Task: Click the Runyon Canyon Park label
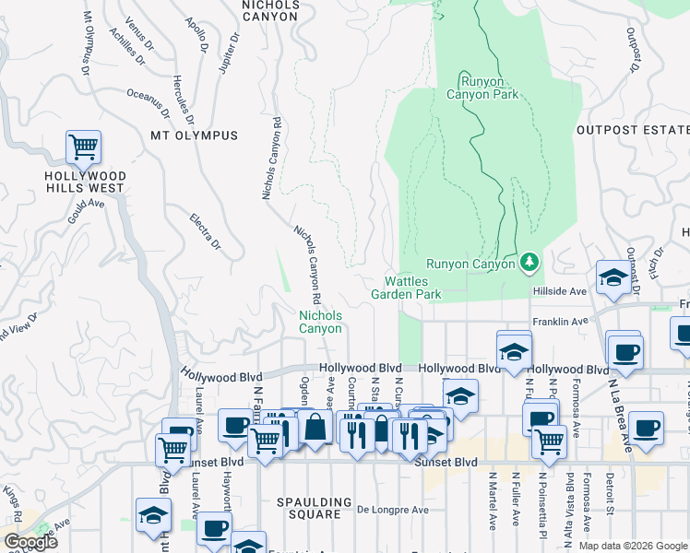[x=482, y=87]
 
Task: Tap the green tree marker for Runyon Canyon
[x=529, y=264]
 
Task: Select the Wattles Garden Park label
[x=407, y=288]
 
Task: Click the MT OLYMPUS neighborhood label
[x=194, y=135]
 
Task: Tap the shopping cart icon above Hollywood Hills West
[x=83, y=146]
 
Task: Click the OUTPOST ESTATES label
[x=633, y=130]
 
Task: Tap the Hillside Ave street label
[x=559, y=291]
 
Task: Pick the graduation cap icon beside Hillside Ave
[x=613, y=277]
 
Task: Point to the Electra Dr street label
[x=205, y=231]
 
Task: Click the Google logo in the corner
[x=30, y=542]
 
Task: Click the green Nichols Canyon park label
[x=320, y=322]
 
